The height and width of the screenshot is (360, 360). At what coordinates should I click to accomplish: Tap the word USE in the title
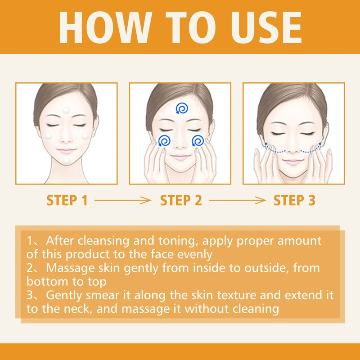coord(266,27)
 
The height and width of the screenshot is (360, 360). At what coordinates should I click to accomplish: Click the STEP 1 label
coord(67,200)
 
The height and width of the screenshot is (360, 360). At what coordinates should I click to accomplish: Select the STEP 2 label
coord(181,200)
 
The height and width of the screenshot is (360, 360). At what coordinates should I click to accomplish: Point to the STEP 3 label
coord(294,200)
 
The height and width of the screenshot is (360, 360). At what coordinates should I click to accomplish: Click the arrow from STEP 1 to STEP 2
coord(123,200)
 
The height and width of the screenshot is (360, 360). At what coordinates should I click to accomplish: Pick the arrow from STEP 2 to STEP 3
coord(238,200)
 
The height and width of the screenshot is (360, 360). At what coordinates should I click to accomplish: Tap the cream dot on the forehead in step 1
coord(66,110)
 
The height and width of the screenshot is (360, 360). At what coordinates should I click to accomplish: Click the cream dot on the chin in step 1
coord(67,161)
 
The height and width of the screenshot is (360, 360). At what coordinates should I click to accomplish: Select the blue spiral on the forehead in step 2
coord(182,108)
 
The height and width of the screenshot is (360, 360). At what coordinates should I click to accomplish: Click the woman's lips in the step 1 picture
coord(66,151)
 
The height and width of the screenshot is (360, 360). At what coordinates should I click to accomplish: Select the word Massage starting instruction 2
coord(71,268)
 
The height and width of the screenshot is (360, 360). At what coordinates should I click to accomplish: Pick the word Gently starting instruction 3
coord(64,296)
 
